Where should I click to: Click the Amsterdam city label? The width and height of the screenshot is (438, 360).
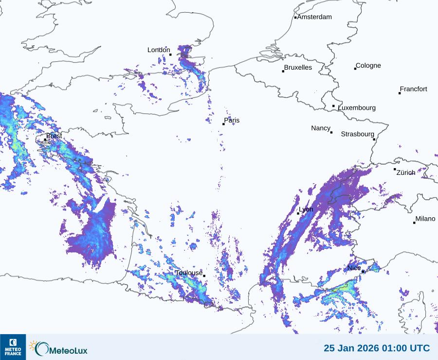coord(314,17)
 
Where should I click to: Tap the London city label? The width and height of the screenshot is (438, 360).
coord(159,50)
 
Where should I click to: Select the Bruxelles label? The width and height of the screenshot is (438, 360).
coord(298,68)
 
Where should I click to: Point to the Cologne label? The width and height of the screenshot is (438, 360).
coord(368,66)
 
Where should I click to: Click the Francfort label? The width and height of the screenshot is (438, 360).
coord(414,89)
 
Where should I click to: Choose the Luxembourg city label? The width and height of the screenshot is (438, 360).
coord(357,108)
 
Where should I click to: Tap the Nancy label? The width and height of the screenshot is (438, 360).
coord(321,128)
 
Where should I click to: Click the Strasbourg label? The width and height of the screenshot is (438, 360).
coord(357,134)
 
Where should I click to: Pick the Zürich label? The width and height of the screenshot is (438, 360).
coord(406,172)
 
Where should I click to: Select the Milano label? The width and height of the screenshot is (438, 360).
coord(425,219)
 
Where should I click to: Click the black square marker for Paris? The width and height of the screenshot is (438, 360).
coord(224,124)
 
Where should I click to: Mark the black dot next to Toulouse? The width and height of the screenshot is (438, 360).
coord(204,276)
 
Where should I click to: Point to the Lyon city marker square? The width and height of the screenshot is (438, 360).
coord(298,213)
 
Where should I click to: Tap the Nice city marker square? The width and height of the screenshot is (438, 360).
coord(363,271)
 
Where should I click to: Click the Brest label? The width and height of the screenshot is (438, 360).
coord(54,136)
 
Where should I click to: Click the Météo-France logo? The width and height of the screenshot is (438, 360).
coord(13,347)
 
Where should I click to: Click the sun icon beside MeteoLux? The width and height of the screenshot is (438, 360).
coord(33,345)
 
